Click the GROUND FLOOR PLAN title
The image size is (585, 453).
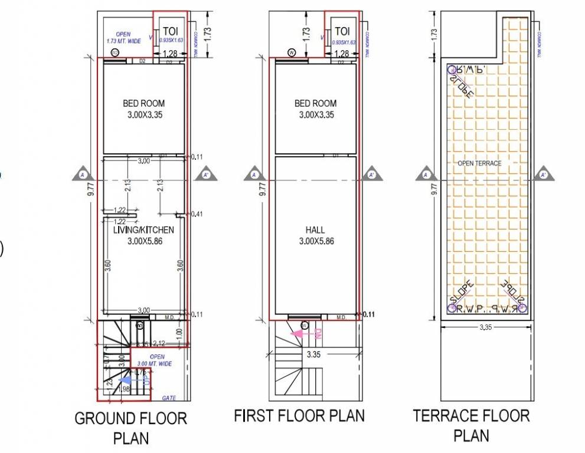point(130,428)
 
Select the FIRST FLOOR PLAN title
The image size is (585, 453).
point(299,415)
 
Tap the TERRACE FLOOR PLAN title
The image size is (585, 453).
point(471,425)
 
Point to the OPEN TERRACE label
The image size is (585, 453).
point(479,163)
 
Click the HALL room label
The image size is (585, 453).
point(315,230)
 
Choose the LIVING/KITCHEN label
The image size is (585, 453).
point(143,229)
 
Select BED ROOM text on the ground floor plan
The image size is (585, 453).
point(143,104)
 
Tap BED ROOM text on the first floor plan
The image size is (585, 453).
point(315,104)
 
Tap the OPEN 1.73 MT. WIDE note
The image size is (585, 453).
point(123,38)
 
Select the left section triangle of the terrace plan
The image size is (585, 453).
point(426,175)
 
